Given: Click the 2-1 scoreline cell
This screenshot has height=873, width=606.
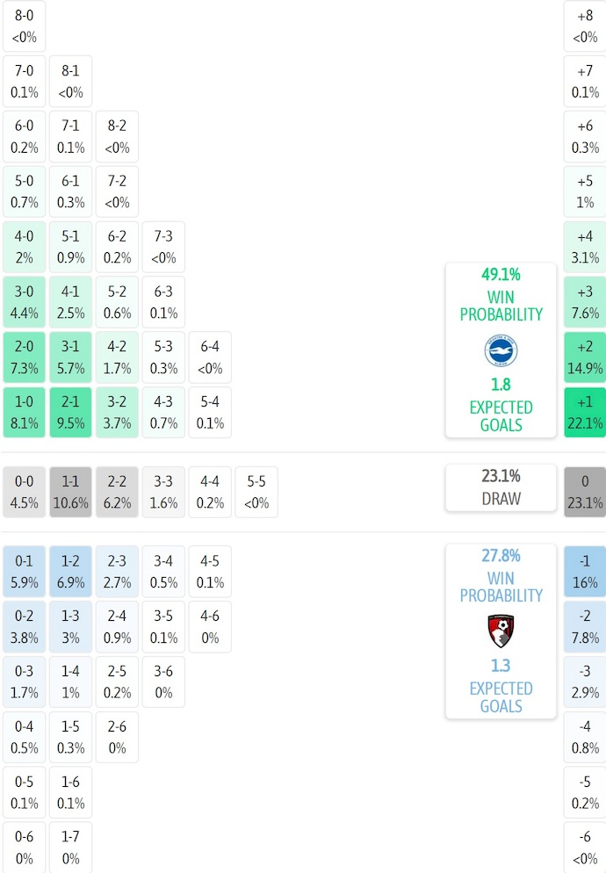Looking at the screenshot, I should pos(70,413).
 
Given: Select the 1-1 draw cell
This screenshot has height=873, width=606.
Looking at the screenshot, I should pos(70,492).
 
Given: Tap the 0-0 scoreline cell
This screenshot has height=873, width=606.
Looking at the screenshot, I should pos(24,492).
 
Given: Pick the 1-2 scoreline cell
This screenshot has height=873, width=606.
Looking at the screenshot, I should pos(70,571).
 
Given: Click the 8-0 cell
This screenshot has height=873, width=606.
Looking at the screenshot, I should pos(24,26).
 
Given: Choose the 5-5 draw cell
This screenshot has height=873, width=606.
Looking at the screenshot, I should pos(256,492).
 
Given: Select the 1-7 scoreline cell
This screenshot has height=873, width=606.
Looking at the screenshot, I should pos(70,848).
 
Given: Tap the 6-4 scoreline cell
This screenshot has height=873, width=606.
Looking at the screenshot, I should pos(210,357).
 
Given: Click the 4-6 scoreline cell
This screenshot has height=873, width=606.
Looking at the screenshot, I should pos(210,626).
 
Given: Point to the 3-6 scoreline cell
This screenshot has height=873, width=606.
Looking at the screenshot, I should pos(163,682).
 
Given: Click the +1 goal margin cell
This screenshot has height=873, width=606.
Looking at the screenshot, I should pos(585,413).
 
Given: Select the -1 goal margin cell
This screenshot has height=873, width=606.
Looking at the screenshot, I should pos(585,571).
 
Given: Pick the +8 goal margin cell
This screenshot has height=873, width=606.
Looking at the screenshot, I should pos(585,26).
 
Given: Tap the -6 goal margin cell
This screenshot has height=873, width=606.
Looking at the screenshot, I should pos(585,848).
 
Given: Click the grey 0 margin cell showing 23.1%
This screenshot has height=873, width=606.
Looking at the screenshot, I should pos(585,492).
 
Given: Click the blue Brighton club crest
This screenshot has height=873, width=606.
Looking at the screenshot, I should pos(501,350).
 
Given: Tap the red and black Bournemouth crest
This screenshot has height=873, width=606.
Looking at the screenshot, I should pos(501,631).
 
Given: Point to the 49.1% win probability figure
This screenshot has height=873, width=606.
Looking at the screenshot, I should pos(501,274).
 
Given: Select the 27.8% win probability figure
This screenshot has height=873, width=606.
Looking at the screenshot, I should pos(501,555).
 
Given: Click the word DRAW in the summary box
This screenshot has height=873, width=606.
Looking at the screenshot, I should pos(501,499).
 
